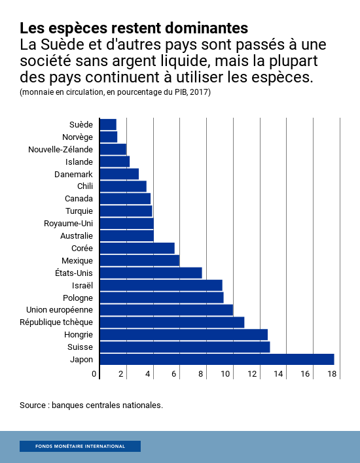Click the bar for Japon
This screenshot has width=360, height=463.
click(217, 359)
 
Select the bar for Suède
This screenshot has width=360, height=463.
click(108, 124)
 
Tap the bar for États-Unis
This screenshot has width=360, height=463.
click(151, 273)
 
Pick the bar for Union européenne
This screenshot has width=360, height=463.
click(166, 310)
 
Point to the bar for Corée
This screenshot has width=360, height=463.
click(137, 248)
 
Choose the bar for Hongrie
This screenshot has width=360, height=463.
click(183, 334)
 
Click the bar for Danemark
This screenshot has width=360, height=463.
click(119, 174)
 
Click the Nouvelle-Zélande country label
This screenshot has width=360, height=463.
click(60, 149)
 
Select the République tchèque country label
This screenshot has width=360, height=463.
click(56, 322)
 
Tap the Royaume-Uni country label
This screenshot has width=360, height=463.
click(68, 224)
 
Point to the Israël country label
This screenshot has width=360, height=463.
click(82, 285)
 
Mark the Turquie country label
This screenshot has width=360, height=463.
click(79, 211)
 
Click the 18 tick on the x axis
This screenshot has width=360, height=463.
click(332, 374)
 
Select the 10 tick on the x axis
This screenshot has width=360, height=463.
click(226, 374)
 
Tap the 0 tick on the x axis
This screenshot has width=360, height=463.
click(95, 374)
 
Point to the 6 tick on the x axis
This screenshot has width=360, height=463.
click(175, 374)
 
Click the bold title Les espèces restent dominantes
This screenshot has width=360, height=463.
click(134, 28)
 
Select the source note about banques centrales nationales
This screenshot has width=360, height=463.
click(91, 405)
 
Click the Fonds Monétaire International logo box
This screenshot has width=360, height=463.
click(80, 447)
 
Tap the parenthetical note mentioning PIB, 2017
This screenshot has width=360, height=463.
click(115, 92)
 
